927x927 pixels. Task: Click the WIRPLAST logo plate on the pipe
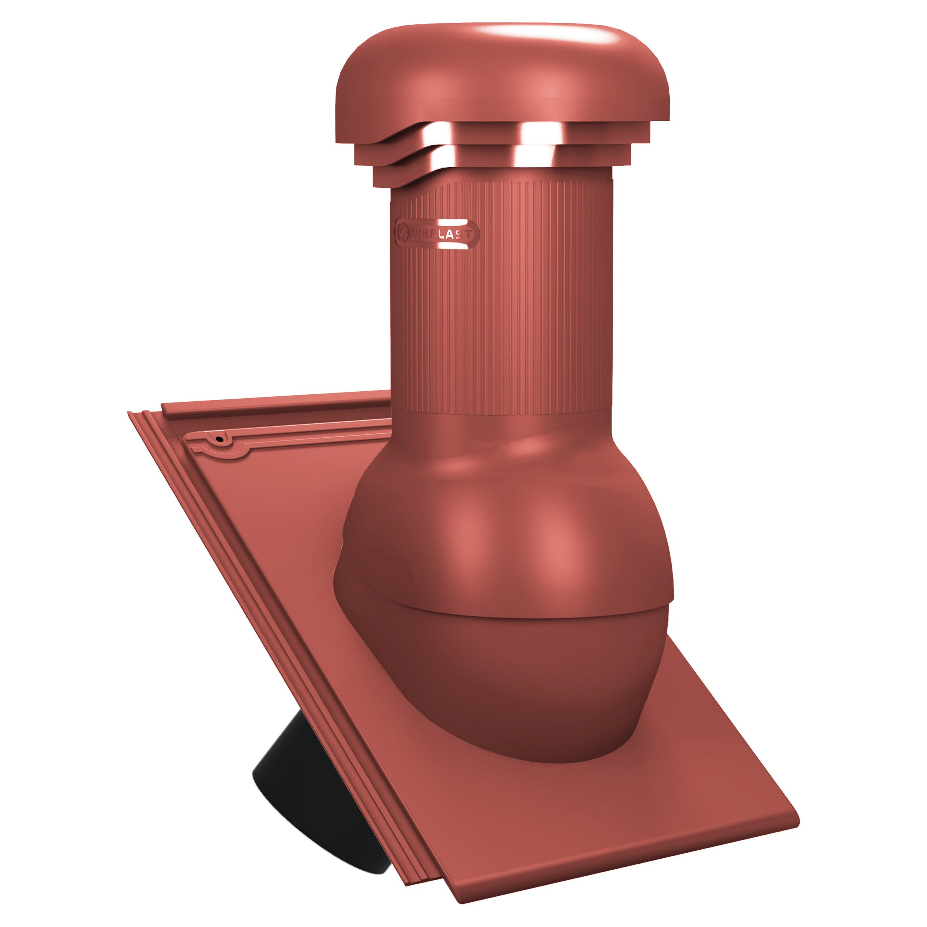pyautogui.click(x=436, y=234)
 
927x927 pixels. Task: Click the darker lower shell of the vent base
pyautogui.click(x=504, y=681)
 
